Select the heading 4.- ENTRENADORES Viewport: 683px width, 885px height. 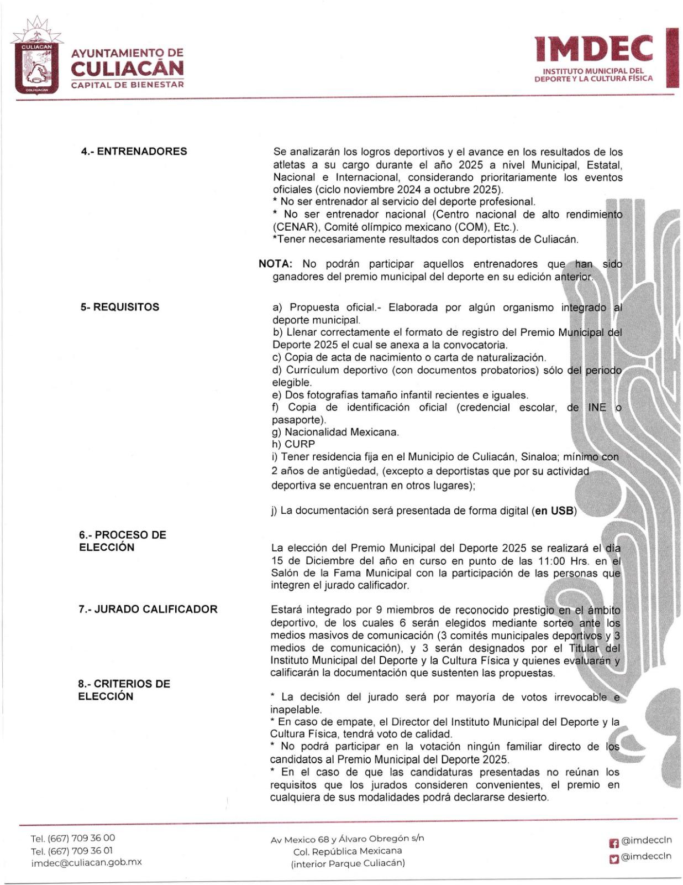(x=134, y=152)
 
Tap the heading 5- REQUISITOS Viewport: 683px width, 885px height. (x=119, y=307)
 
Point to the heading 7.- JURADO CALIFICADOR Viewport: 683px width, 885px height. (x=148, y=609)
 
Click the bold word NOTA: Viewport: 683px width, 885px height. (x=275, y=264)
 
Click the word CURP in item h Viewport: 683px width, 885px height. (x=300, y=444)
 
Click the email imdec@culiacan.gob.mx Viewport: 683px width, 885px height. (x=86, y=862)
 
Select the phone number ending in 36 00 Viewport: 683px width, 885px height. (x=73, y=837)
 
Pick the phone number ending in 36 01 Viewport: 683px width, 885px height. (x=73, y=850)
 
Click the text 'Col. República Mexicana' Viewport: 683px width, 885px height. (x=348, y=851)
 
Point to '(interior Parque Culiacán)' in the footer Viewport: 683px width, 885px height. (x=348, y=863)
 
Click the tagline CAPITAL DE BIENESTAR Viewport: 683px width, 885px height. (x=127, y=85)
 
